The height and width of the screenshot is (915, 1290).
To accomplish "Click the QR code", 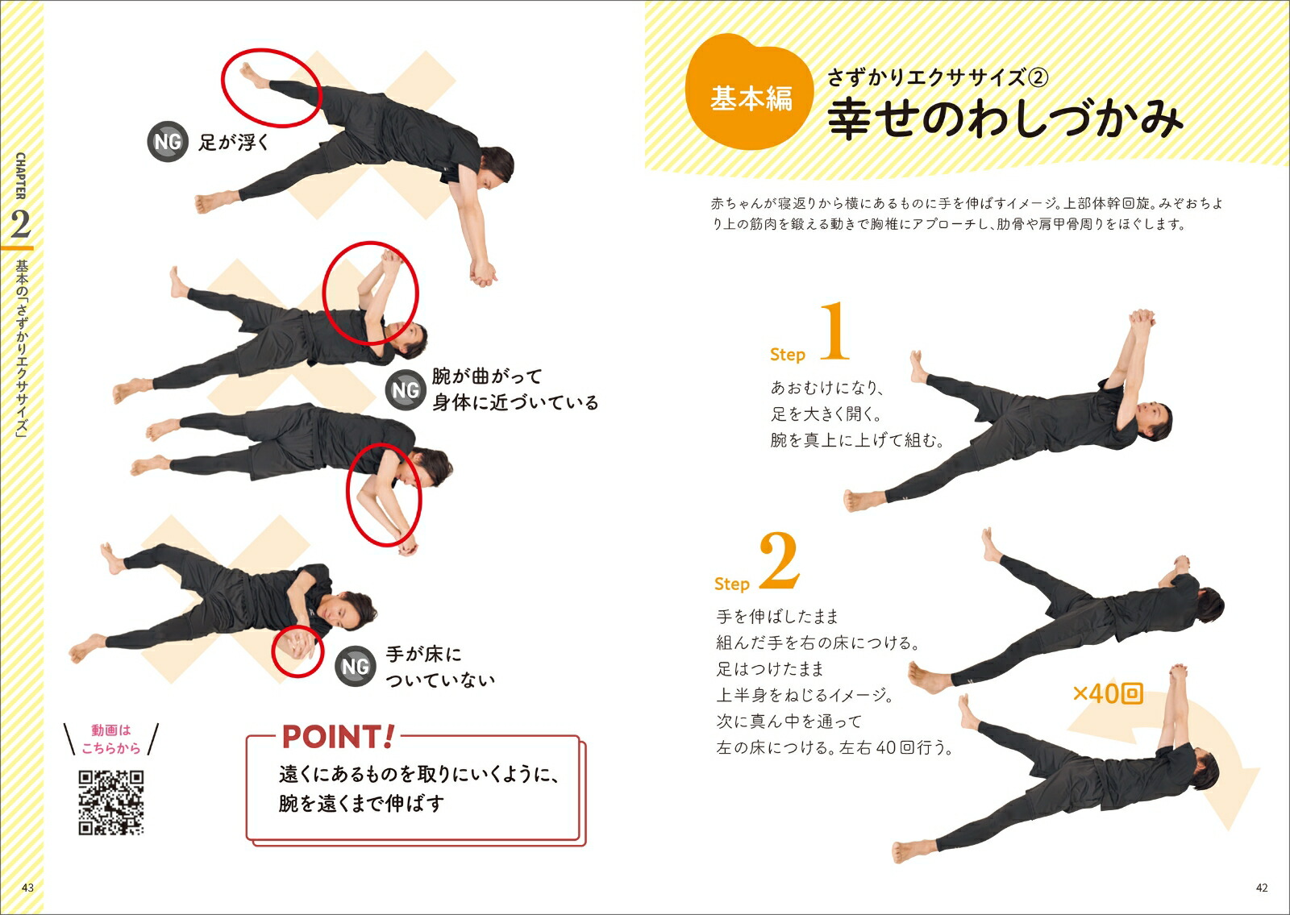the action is click(111, 803).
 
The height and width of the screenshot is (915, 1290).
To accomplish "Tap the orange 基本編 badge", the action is click(749, 92).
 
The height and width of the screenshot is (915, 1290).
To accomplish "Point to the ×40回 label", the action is click(1108, 693).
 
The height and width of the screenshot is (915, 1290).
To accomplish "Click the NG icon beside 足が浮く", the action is click(168, 141).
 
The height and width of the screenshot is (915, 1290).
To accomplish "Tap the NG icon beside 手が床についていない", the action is click(356, 666).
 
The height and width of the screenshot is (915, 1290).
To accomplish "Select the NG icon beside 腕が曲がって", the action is click(406, 390).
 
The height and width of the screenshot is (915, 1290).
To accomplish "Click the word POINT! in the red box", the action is click(338, 737).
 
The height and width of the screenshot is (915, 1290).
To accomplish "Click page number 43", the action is click(27, 888).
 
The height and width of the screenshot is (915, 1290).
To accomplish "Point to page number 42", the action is click(1261, 888).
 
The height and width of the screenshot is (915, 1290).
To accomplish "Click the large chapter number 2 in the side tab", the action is click(20, 225).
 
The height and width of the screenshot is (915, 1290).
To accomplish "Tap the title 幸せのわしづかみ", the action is click(1005, 119).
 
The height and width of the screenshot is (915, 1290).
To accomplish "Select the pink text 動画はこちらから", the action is click(111, 738).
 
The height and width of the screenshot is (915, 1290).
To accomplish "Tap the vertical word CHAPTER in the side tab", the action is click(20, 176).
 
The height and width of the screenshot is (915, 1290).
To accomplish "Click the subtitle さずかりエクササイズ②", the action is click(937, 77).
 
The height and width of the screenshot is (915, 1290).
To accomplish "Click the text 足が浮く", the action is click(234, 142).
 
